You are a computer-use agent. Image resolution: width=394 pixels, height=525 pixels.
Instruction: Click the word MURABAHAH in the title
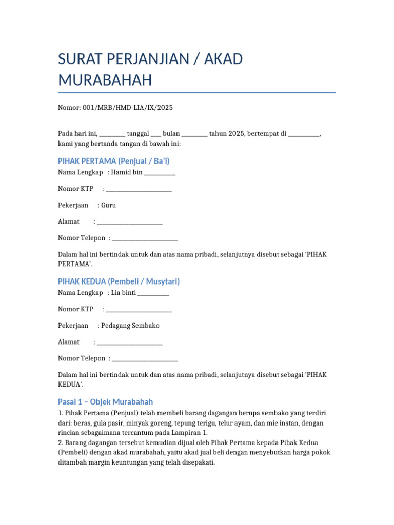105,80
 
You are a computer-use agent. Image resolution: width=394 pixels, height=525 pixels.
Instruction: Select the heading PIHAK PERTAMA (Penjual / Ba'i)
114,161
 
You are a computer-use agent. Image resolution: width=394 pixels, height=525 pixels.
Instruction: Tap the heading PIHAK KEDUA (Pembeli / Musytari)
119,281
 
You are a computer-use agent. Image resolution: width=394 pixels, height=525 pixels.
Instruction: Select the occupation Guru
109,205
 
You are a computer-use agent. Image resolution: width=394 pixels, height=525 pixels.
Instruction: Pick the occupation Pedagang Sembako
130,326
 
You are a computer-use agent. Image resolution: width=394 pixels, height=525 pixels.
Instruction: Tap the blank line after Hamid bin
160,173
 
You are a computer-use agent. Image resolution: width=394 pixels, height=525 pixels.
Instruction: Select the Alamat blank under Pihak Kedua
130,342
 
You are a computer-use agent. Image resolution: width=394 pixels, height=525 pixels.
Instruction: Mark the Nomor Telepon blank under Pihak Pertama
145,238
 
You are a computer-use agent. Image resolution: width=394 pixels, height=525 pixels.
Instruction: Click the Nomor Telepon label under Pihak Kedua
82,358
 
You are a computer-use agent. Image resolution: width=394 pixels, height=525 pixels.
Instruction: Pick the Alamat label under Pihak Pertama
69,221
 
